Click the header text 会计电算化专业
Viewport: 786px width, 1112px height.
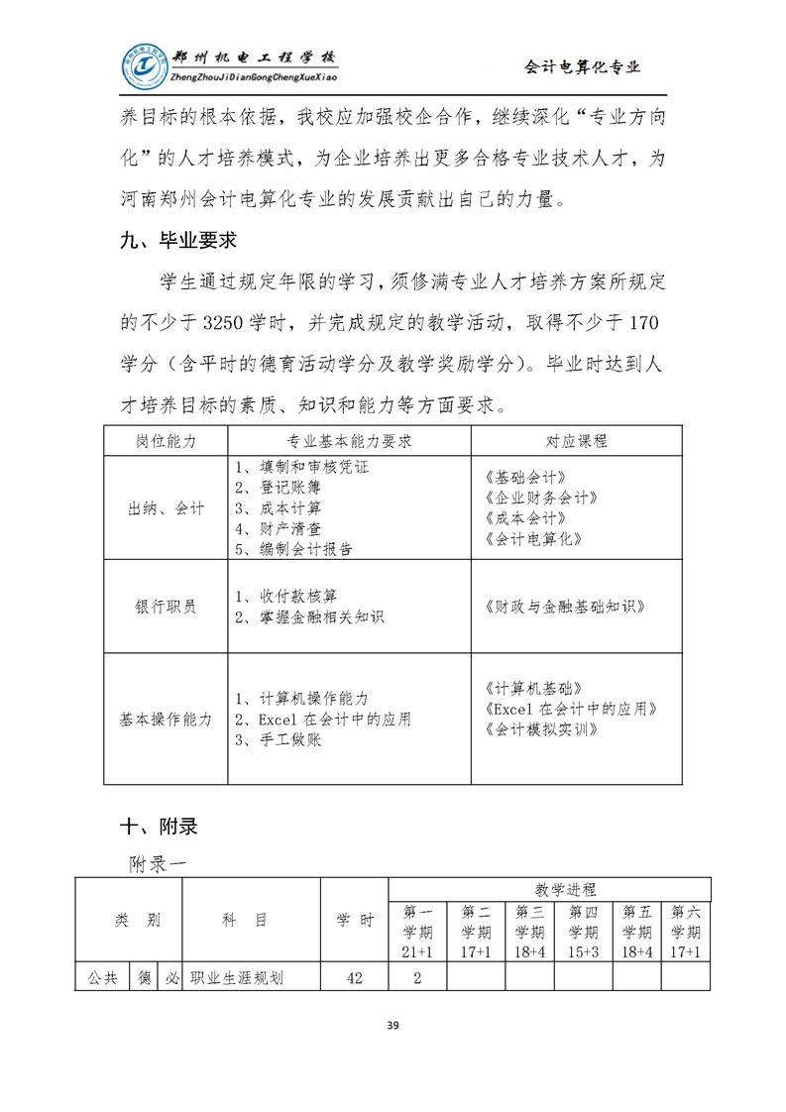(x=582, y=67)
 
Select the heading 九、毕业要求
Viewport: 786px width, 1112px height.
(x=175, y=240)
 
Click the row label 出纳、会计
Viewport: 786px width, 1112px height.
(x=166, y=507)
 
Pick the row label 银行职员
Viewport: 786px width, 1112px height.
(x=166, y=607)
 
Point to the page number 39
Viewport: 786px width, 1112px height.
(x=393, y=1025)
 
